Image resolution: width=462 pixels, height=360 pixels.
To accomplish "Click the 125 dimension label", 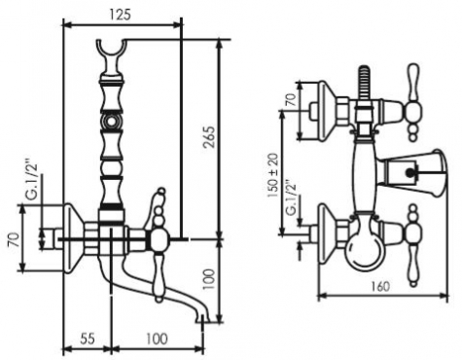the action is coord(120,15).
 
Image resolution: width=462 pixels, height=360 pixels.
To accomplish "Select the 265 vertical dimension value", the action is coord(209,137).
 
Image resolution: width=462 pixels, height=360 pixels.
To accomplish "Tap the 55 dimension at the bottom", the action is coord(88,339).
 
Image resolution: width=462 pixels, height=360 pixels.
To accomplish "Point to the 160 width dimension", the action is coord(380,287).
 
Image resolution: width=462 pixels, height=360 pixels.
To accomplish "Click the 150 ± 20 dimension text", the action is coord(273,176).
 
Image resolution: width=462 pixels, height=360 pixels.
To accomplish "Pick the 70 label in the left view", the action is coord(14,240).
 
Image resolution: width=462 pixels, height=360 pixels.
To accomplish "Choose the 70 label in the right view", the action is coord(291,100).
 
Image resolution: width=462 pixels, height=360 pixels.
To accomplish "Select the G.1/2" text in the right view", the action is coord(292,198).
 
